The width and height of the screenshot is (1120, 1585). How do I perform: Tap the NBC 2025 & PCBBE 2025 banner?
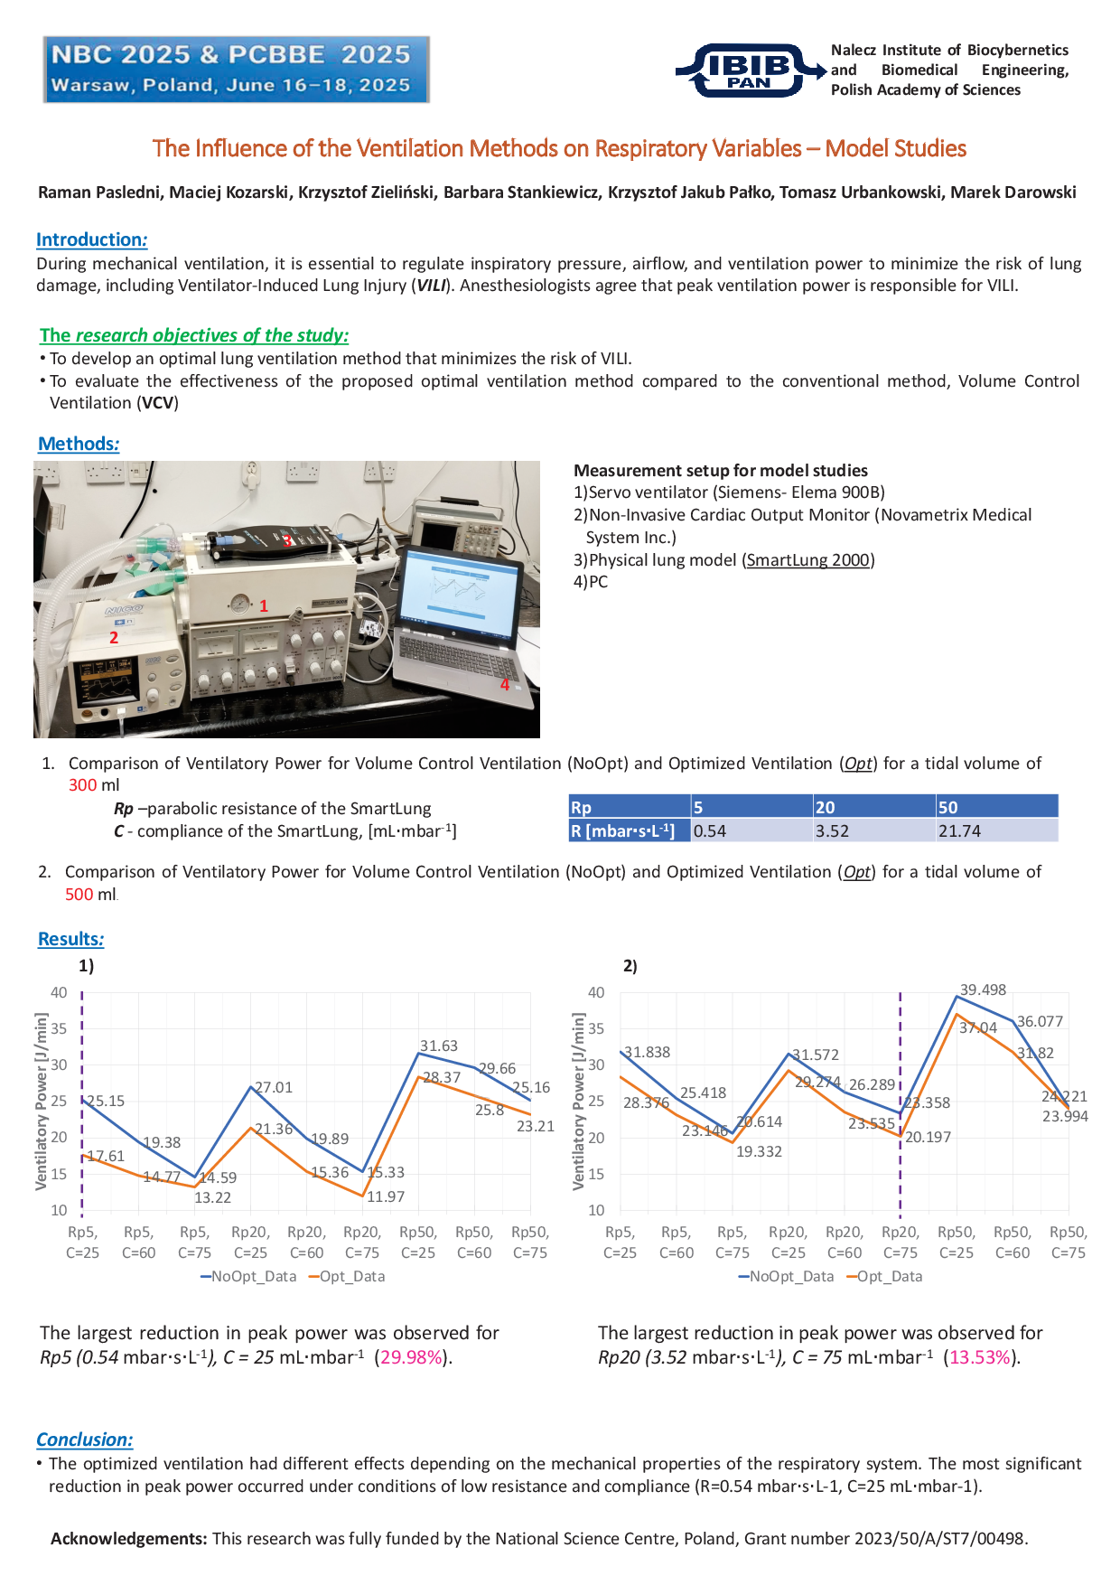(x=236, y=70)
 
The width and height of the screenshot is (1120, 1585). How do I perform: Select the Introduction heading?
(x=91, y=239)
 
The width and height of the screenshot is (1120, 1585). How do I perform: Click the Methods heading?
(x=79, y=444)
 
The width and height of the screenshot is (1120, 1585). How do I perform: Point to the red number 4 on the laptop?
(x=505, y=685)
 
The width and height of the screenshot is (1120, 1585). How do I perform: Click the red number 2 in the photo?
(x=114, y=637)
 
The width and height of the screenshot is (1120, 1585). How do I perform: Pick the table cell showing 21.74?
(x=959, y=830)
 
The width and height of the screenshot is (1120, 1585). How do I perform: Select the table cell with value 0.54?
(x=710, y=830)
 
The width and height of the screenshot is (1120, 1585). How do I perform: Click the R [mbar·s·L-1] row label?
(x=623, y=830)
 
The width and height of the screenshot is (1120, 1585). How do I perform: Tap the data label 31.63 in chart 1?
(x=439, y=1046)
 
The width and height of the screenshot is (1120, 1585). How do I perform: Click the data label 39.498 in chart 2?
(x=983, y=989)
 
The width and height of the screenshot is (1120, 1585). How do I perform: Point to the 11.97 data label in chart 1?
(x=386, y=1196)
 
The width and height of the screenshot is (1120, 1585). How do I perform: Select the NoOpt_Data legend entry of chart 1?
(x=248, y=1276)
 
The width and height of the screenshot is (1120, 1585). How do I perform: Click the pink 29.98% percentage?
(x=412, y=1357)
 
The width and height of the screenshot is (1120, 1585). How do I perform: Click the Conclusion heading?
(x=85, y=1440)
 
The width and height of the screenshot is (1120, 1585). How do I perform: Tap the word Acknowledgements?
(x=128, y=1538)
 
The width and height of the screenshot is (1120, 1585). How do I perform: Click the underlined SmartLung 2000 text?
(x=807, y=560)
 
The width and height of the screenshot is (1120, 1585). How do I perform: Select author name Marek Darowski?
(x=1013, y=192)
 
